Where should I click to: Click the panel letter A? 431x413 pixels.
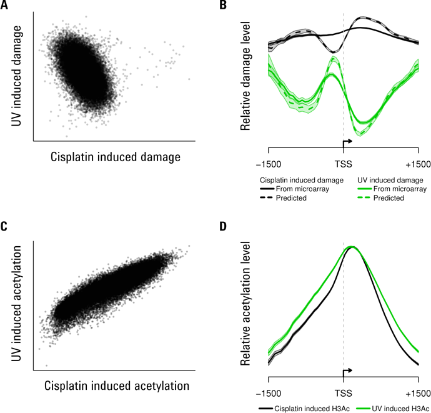click(4, 6)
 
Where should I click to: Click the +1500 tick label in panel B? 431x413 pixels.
click(417, 164)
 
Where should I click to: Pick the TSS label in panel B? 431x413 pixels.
click(343, 164)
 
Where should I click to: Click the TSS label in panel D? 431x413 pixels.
click(343, 394)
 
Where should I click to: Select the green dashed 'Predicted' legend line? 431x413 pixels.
click(369, 197)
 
